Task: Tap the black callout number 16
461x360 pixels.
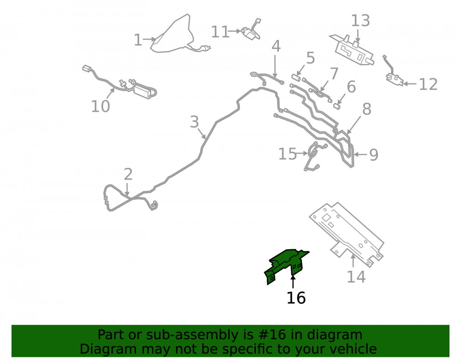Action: click(x=296, y=298)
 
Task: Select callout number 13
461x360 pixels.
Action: click(x=361, y=21)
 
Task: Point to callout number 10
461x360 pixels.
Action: click(x=100, y=106)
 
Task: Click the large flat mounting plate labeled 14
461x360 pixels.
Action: click(x=347, y=234)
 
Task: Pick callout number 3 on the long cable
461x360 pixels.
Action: click(x=195, y=122)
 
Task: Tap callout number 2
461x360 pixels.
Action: click(x=128, y=174)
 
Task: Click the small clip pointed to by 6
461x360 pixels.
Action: click(x=337, y=106)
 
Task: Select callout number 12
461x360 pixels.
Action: click(x=428, y=84)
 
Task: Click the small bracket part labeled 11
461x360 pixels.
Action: click(x=251, y=30)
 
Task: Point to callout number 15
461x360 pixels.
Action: click(x=288, y=154)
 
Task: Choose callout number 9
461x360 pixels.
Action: click(x=373, y=154)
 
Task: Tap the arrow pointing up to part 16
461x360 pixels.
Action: click(x=293, y=282)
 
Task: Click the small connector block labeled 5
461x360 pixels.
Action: click(x=296, y=78)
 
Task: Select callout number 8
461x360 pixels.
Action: click(x=366, y=109)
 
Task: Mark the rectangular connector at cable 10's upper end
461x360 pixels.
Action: click(x=87, y=68)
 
